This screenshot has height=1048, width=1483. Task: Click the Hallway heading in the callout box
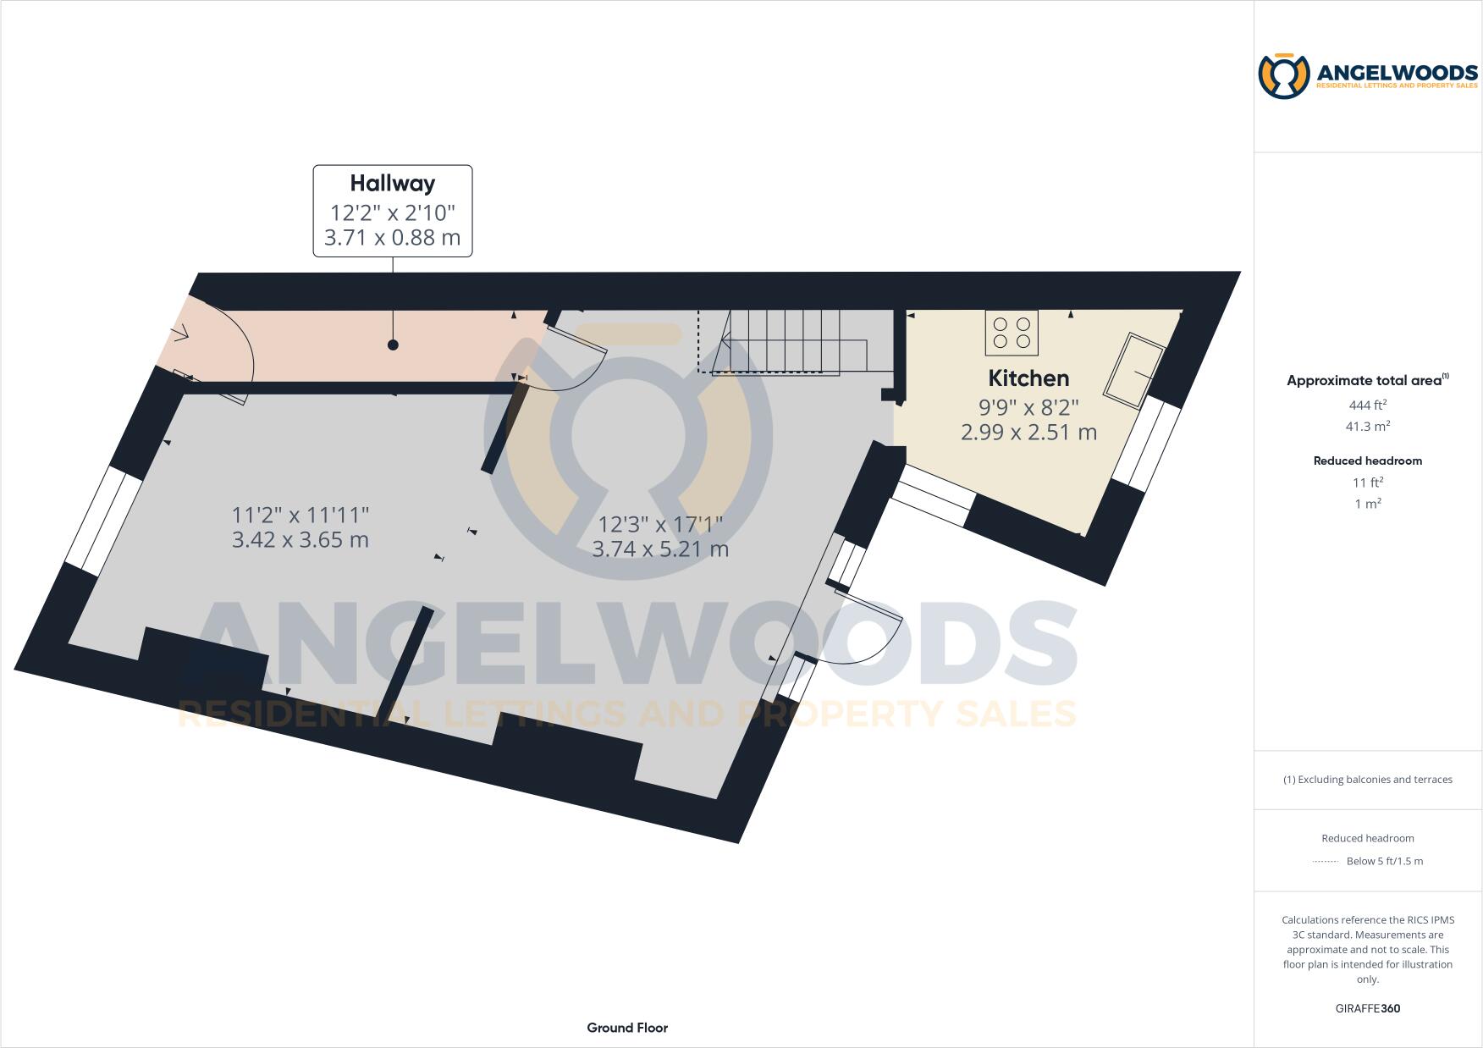(393, 184)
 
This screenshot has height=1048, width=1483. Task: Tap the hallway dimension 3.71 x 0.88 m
(393, 238)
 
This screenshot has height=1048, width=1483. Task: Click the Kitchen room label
(1028, 378)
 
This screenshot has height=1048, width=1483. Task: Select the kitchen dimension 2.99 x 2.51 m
(1028, 433)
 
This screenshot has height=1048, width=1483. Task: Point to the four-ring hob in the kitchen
(1012, 333)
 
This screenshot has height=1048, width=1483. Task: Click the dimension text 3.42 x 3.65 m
(300, 540)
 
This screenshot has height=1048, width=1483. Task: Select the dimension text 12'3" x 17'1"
(660, 525)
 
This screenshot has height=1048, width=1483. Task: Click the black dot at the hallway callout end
(393, 345)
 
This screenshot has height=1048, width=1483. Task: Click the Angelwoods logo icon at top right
(1284, 76)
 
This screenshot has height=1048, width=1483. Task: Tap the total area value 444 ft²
(1367, 405)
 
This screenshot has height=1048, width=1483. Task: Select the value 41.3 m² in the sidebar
(1367, 427)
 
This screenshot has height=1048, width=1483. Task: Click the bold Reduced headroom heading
(1367, 461)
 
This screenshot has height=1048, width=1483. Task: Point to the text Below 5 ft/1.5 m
(1384, 862)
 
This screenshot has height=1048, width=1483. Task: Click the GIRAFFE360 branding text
(1367, 1009)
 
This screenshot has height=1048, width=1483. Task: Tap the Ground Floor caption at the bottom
(627, 1028)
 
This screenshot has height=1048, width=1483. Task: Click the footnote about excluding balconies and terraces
(1367, 780)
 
